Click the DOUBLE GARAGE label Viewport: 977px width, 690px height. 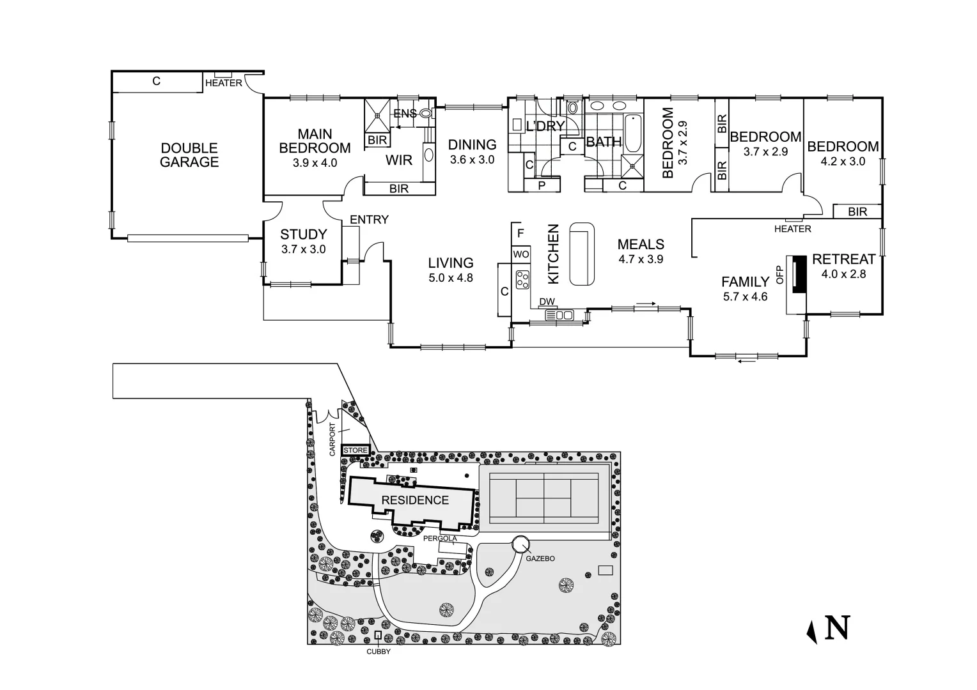coord(189,155)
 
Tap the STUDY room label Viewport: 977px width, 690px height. coord(303,234)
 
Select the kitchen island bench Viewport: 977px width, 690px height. coord(581,254)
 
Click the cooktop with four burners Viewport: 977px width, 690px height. coord(523,279)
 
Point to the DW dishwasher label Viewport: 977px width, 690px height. coord(547,302)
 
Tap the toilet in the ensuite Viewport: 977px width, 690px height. coord(426,114)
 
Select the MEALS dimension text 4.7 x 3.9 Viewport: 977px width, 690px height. coord(641,259)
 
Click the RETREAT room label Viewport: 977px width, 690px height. coord(843,259)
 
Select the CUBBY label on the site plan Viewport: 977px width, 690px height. coord(378,652)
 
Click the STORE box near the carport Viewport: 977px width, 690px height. coord(356,450)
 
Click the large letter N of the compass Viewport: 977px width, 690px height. coord(837,627)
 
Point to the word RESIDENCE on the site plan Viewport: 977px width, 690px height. coord(415,500)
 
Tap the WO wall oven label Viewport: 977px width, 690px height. coord(521,254)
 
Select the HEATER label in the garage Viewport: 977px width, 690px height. coord(224,83)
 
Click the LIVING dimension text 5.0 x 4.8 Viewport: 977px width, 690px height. coord(451,278)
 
